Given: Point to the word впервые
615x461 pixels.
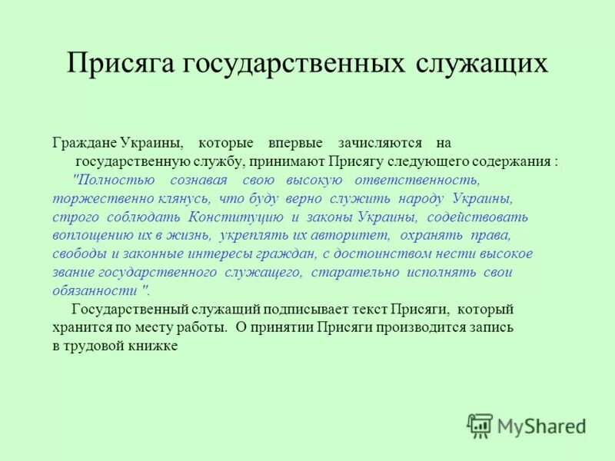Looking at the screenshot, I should [295, 144].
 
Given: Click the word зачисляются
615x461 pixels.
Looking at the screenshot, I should [380, 144].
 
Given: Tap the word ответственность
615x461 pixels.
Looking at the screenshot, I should [417, 181].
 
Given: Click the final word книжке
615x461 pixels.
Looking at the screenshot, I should [155, 347].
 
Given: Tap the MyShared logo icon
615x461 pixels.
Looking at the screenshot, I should [480, 425].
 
